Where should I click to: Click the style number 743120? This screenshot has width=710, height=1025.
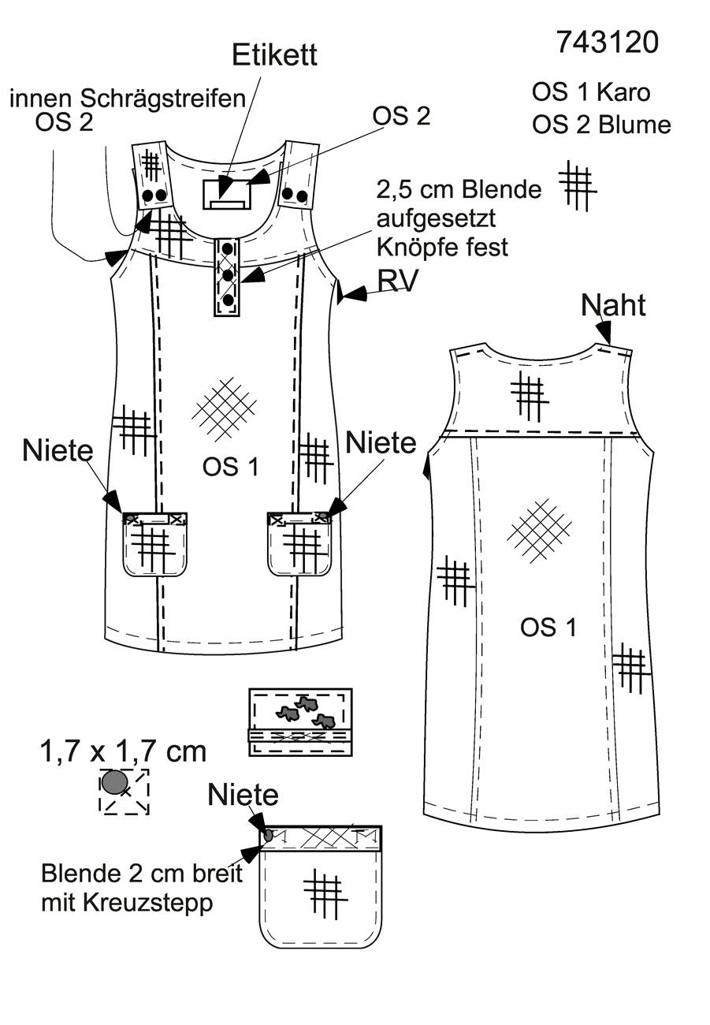click(x=607, y=43)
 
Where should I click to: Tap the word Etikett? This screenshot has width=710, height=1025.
click(x=274, y=55)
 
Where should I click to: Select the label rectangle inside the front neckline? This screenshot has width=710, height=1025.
click(x=227, y=195)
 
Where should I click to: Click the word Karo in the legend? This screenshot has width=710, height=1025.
click(x=623, y=92)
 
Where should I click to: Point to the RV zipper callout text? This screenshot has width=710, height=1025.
click(x=397, y=280)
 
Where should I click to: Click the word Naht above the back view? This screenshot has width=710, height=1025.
click(x=613, y=305)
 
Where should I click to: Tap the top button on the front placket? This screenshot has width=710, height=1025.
click(x=228, y=248)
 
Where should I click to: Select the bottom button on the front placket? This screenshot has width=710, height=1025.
click(x=228, y=300)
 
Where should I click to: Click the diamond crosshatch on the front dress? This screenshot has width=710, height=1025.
click(x=224, y=409)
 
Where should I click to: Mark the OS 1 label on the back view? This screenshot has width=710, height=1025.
click(x=548, y=627)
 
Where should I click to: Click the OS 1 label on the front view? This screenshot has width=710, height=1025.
click(x=231, y=468)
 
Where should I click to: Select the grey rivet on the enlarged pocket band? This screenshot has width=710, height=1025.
click(x=269, y=836)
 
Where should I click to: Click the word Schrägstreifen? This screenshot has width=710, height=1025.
click(x=162, y=99)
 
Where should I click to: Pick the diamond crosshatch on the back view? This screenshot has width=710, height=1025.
click(x=539, y=531)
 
